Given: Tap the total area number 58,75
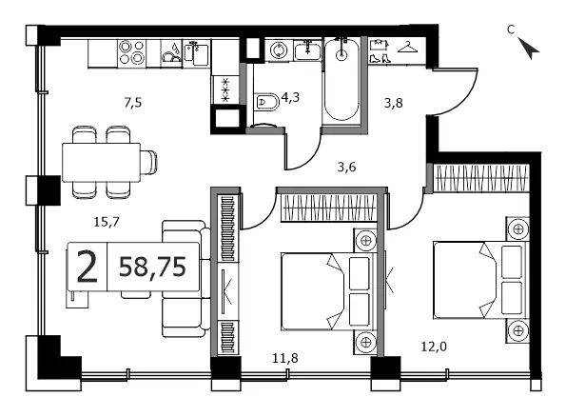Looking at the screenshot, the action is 152,267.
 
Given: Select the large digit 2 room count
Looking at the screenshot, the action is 87,267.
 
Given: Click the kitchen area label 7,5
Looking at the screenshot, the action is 133,103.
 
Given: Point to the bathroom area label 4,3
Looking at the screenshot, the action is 290,97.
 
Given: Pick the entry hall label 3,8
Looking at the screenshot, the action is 393,104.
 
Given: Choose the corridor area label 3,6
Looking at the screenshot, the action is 346,167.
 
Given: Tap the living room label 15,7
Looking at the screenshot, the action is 107,222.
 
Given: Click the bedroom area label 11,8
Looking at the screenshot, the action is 285,358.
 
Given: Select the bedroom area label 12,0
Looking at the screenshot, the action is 434,347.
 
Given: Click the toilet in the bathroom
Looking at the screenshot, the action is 266,102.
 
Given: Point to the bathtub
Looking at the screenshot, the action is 342,79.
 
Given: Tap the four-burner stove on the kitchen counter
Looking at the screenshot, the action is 132,52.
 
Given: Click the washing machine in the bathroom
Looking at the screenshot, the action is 279,50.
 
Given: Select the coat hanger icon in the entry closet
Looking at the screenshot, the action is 407,47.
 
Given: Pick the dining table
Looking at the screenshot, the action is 101,162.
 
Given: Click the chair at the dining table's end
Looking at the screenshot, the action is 148,162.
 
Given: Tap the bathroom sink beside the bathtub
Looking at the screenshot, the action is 307,50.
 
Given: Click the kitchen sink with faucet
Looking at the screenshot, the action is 197,52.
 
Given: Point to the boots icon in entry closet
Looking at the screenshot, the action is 381,58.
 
